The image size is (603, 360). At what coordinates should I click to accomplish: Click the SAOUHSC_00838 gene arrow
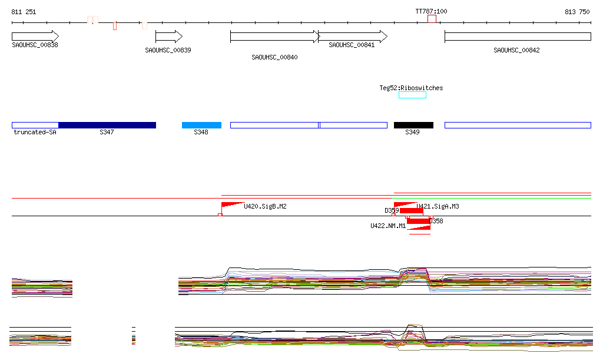coord(35,37)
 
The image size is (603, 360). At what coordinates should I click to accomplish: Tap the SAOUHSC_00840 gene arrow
coord(274,37)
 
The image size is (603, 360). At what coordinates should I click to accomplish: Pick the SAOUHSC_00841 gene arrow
coord(353,37)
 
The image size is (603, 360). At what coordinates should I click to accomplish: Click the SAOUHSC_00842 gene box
coord(518,37)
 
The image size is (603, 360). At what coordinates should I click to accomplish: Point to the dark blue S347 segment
coord(107,125)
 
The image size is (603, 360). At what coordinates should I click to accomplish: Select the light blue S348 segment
coord(201,125)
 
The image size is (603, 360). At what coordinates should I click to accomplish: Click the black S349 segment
coord(413,125)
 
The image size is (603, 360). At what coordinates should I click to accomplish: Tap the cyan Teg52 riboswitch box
coord(412,95)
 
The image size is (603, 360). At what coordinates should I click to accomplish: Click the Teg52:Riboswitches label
coord(411,88)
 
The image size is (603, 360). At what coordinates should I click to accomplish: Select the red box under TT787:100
coord(432,19)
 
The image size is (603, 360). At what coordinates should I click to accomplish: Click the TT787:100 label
coord(431,11)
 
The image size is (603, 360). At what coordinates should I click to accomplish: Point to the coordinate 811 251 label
coord(24,12)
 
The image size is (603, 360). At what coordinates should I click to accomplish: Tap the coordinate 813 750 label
coord(577,12)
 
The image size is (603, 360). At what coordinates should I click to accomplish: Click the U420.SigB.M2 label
coord(265,206)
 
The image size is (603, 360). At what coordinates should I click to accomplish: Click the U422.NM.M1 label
coord(387,226)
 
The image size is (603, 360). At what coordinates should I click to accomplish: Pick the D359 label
coord(392,210)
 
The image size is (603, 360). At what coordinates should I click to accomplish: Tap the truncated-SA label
coord(35,133)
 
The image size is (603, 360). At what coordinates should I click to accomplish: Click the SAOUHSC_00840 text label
coord(274,57)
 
